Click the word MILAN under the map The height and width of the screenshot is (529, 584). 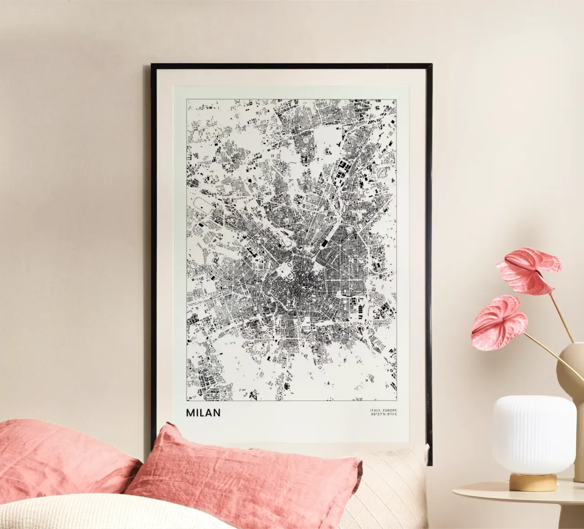click(203, 413)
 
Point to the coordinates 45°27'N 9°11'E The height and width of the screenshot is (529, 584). click(384, 415)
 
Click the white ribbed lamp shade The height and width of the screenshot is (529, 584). click(533, 433)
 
